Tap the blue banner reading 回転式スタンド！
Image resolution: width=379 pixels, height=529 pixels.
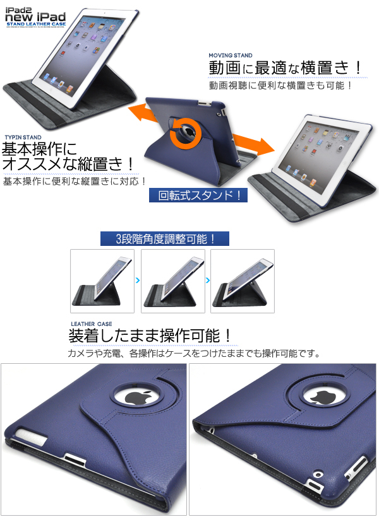[198, 194]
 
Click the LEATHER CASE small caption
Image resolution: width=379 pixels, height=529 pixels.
[92, 324]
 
